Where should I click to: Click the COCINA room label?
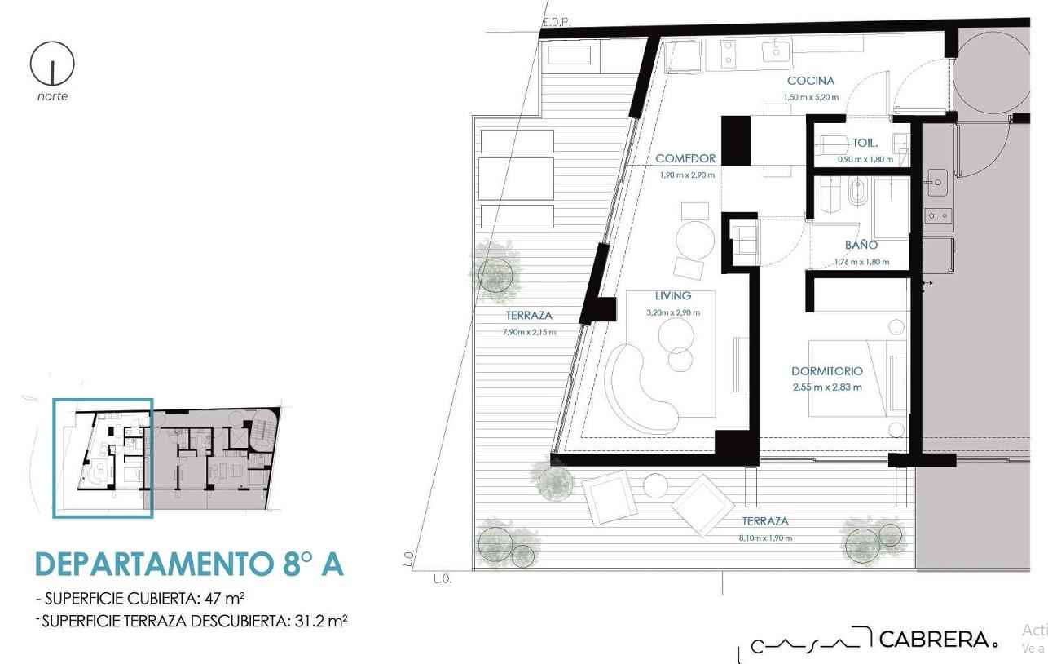(x=811, y=81)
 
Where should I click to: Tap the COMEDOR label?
(x=685, y=158)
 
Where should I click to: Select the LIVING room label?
(x=673, y=295)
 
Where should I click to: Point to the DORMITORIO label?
(x=827, y=371)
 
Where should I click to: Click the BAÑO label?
(x=861, y=245)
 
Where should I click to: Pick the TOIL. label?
(x=865, y=143)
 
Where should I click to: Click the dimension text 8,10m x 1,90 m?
(x=765, y=538)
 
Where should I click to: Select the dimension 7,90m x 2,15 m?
(x=529, y=332)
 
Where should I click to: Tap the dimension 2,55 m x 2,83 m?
(x=827, y=387)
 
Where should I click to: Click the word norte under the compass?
(x=52, y=96)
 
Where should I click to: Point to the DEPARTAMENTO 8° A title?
(x=190, y=564)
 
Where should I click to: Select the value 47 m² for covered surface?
(x=224, y=599)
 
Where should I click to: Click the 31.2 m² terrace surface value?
(x=321, y=621)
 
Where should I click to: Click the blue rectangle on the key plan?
(x=53, y=458)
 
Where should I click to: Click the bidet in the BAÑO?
(x=857, y=191)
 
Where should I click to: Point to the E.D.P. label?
(x=557, y=22)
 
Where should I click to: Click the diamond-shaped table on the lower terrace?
(x=702, y=505)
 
